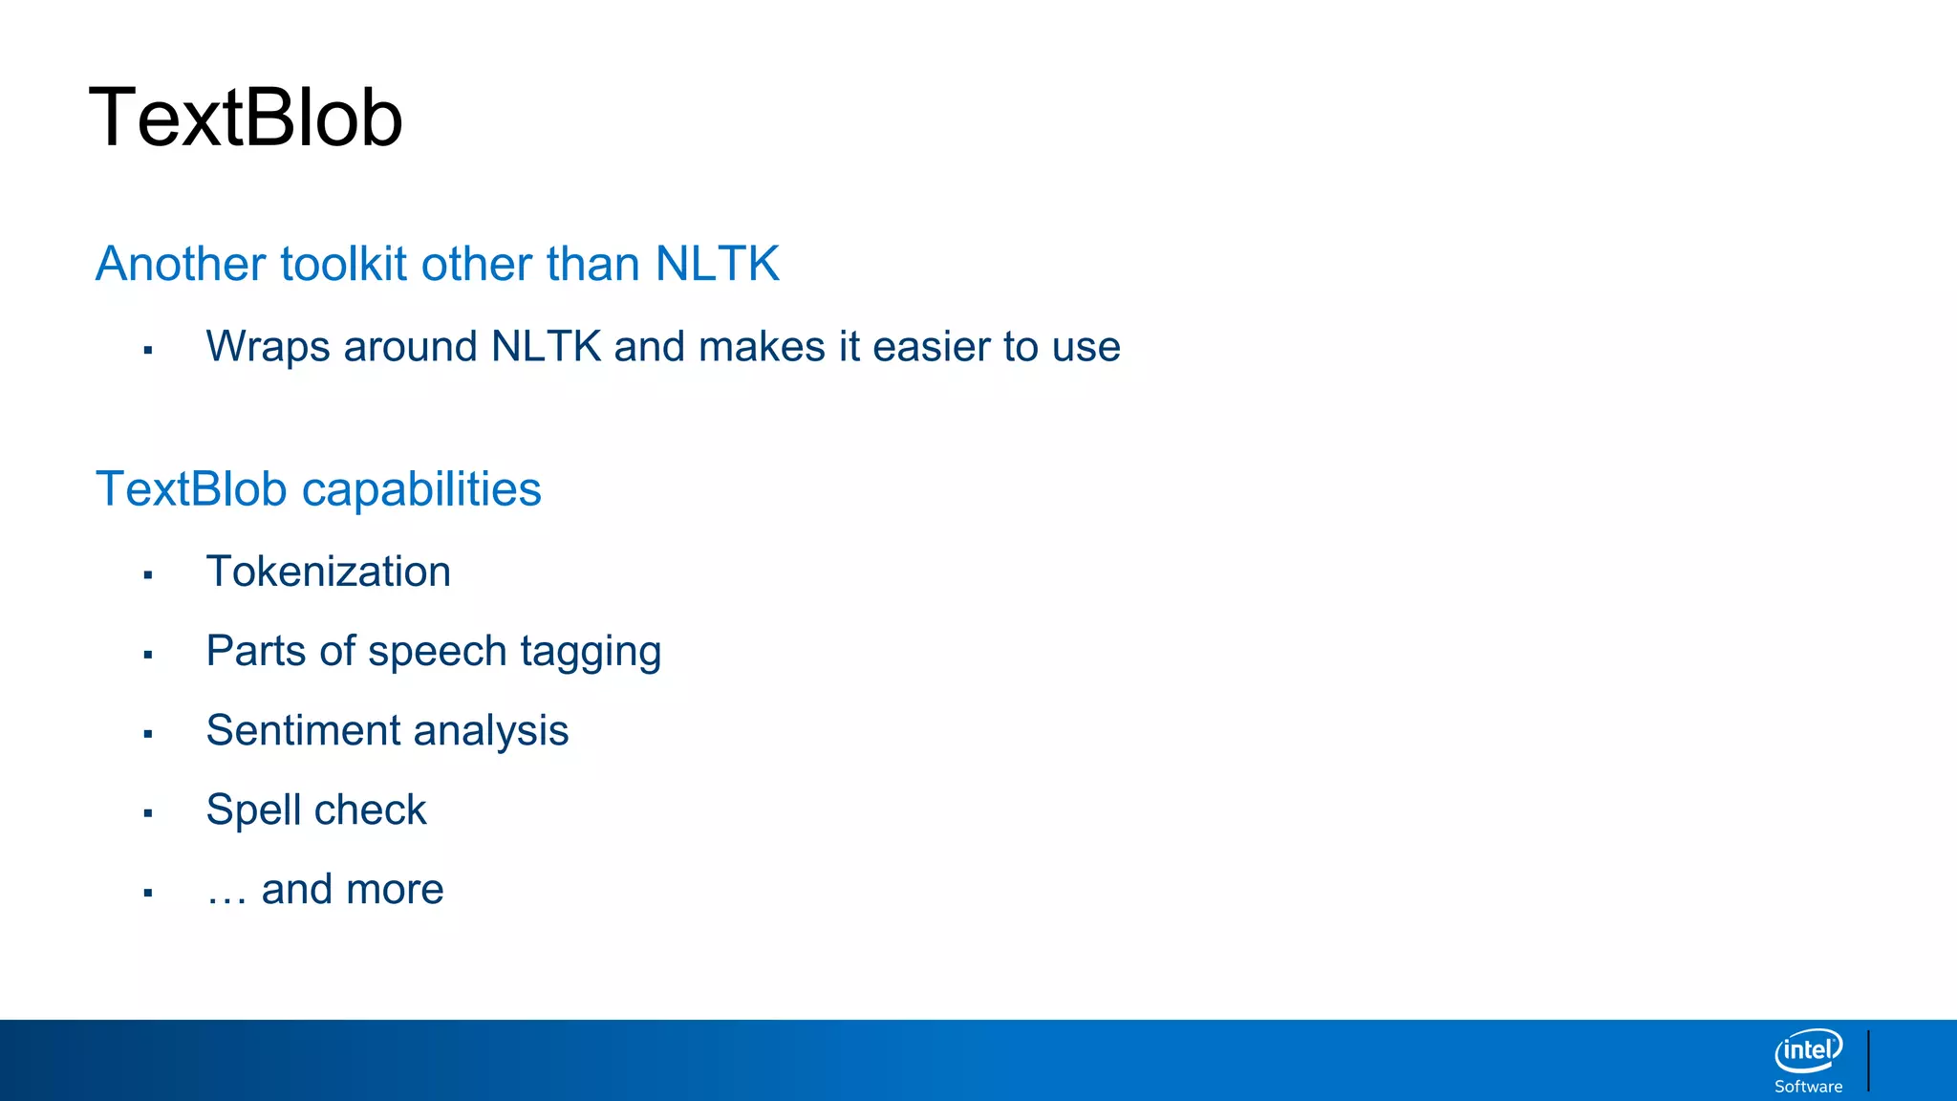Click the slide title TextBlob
(246, 118)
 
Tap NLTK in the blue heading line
(717, 264)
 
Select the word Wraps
(269, 347)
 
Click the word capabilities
(421, 489)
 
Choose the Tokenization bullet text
(328, 572)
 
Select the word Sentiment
(303, 731)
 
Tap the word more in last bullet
(398, 891)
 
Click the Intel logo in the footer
(1808, 1050)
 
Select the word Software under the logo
(1808, 1087)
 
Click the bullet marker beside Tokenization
(148, 575)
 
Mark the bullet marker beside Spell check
(148, 813)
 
